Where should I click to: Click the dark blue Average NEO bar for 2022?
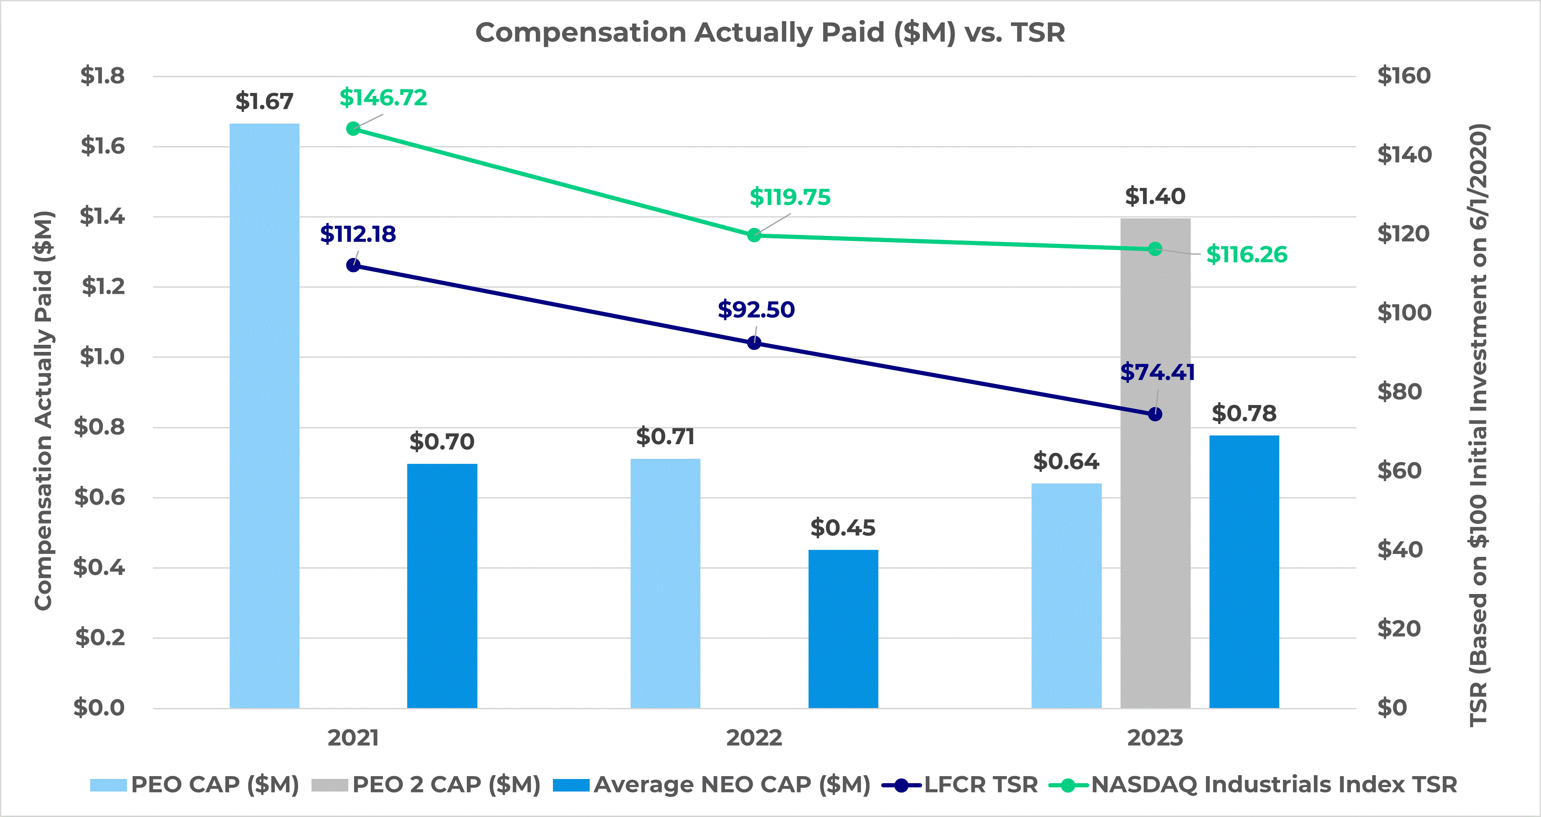pos(843,628)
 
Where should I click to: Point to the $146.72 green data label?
pos(383,98)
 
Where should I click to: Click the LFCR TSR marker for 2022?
pos(754,343)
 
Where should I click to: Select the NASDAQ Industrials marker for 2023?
pos(1155,249)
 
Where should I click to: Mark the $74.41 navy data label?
pos(1157,372)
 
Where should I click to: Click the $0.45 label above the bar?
pos(843,528)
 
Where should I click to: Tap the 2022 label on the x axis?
pos(754,738)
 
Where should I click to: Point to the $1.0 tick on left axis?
pos(102,357)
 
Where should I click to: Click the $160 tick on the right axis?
pos(1404,76)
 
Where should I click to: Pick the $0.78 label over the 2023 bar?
pos(1244,413)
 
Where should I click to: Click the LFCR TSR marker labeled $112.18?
pos(354,265)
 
